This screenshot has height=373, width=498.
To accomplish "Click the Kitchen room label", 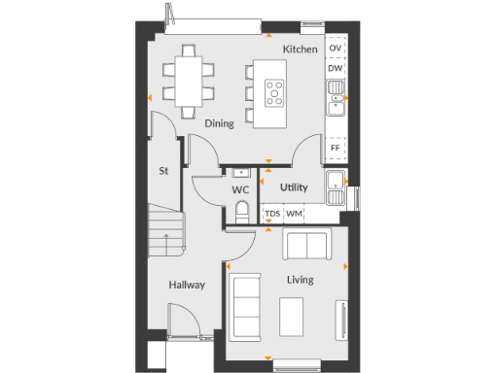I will pyautogui.click(x=300, y=49).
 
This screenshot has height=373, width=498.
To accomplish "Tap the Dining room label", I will pyautogui.click(x=219, y=124).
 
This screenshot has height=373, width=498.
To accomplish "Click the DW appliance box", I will pyautogui.click(x=336, y=68).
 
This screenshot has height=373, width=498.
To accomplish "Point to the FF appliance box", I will pyautogui.click(x=336, y=148).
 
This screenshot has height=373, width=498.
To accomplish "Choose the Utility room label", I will pyautogui.click(x=294, y=187).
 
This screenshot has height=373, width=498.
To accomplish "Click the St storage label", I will pyautogui.click(x=164, y=171).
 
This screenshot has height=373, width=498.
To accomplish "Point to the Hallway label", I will pyautogui.click(x=186, y=286).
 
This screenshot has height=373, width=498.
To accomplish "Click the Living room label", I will pyautogui.click(x=300, y=280).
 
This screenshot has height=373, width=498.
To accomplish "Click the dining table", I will pyautogui.click(x=187, y=82).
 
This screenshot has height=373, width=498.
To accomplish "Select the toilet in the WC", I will pyautogui.click(x=242, y=214).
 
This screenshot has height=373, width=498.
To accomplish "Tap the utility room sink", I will pyautogui.click(x=336, y=182).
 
